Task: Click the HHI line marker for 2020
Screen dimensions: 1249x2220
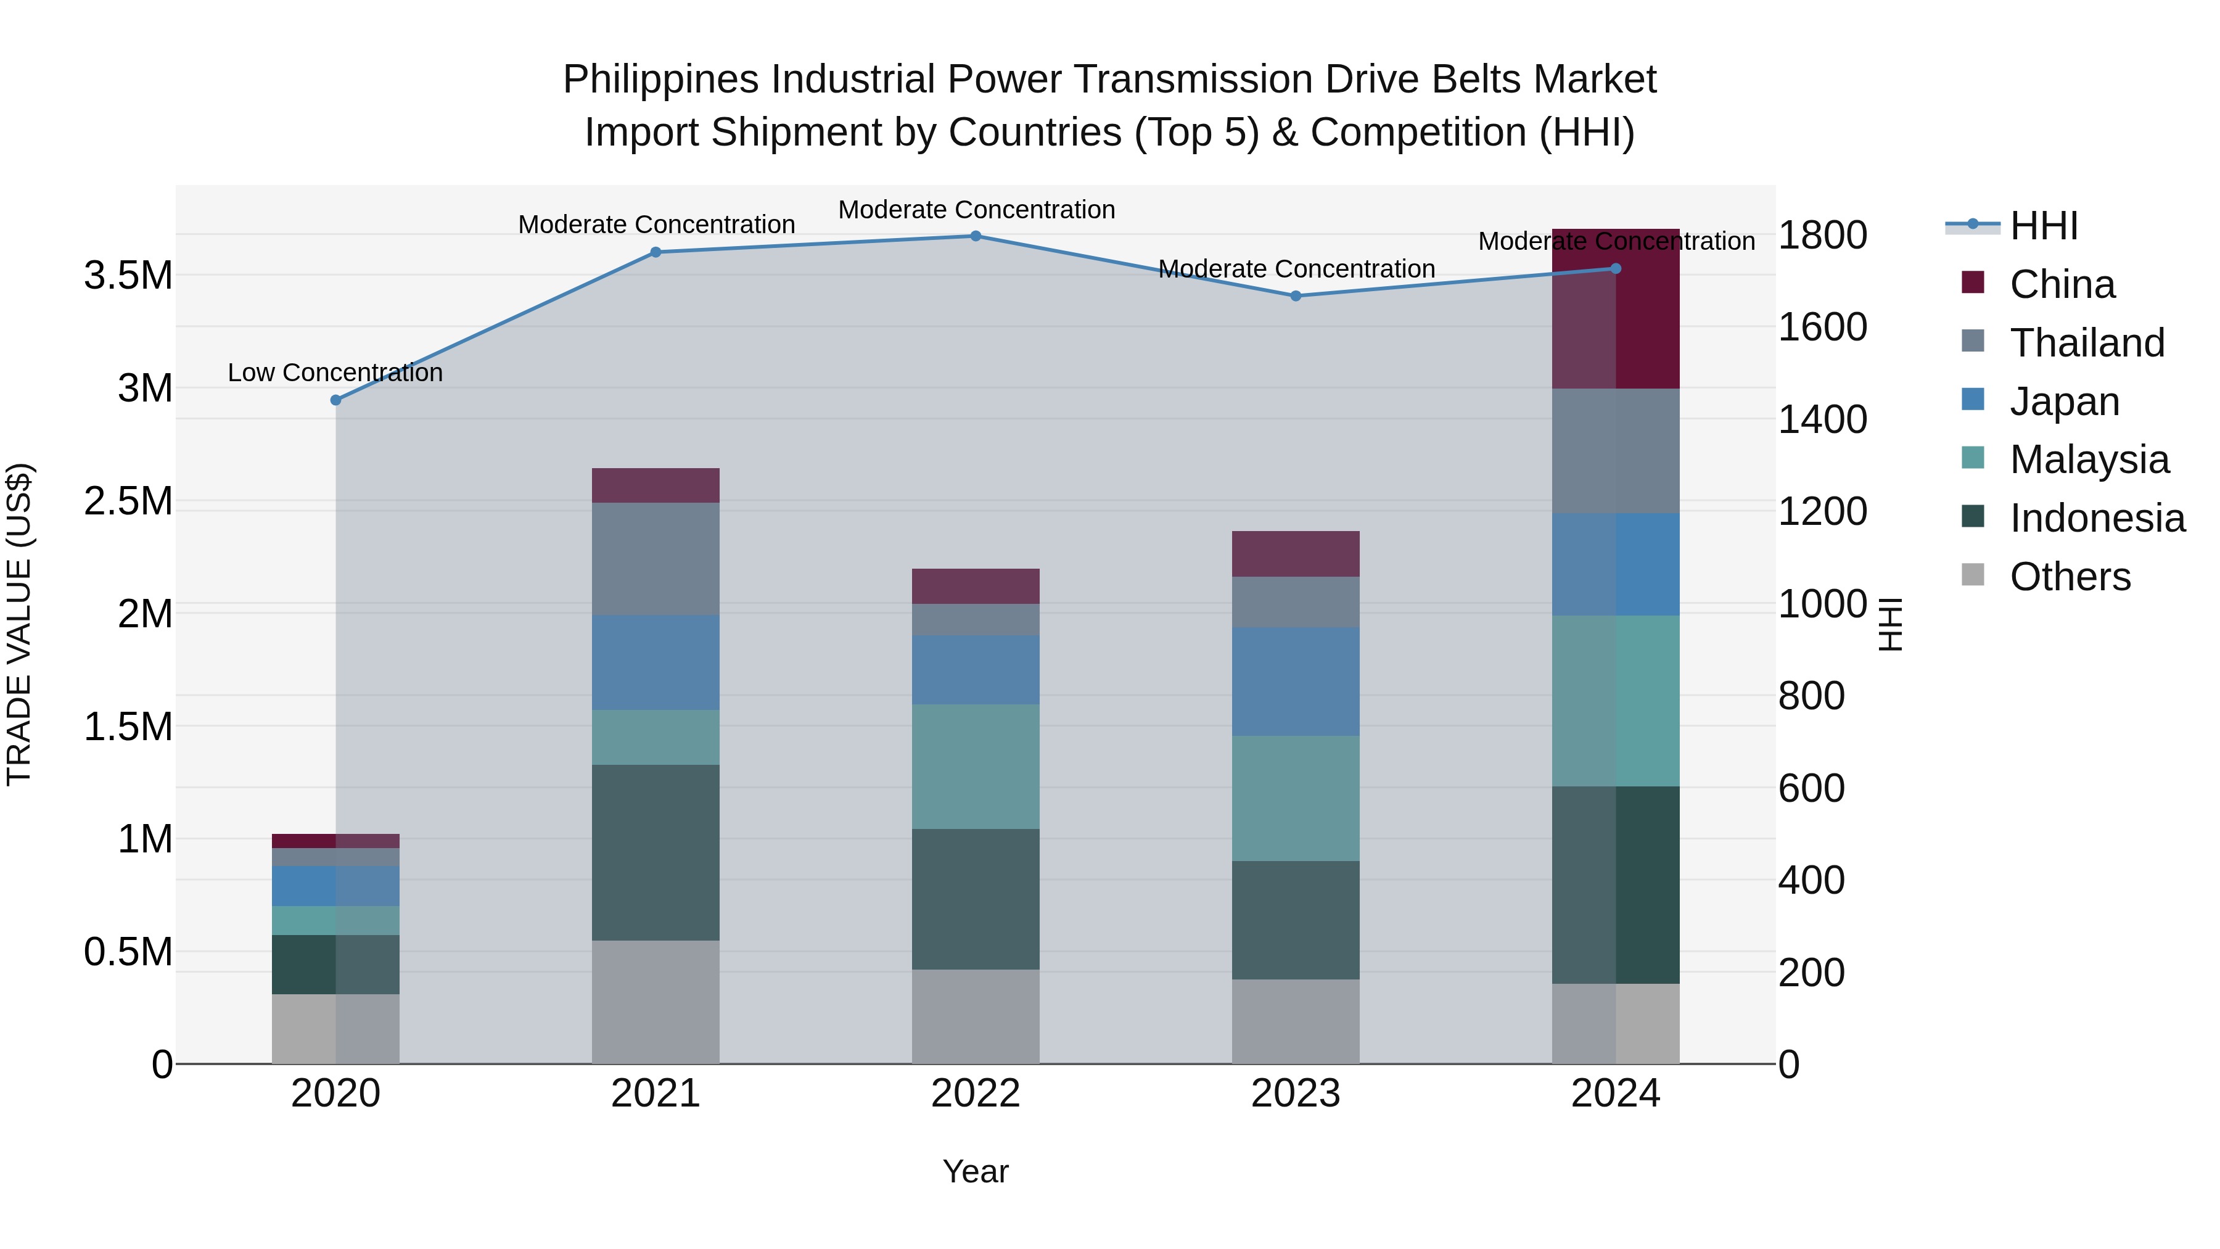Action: [x=336, y=400]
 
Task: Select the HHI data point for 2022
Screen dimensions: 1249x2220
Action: [x=976, y=236]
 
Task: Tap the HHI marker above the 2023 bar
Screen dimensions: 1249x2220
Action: [x=1295, y=295]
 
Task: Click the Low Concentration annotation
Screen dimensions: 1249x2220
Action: [x=335, y=373]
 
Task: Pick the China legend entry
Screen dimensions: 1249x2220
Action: [x=2062, y=284]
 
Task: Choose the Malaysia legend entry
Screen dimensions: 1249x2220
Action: [x=2089, y=460]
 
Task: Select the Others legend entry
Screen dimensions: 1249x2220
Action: [x=2070, y=577]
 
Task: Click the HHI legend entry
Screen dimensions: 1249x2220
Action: [x=2044, y=226]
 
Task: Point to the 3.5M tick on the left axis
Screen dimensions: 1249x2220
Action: [x=128, y=276]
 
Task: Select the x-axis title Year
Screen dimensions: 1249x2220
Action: [x=976, y=1171]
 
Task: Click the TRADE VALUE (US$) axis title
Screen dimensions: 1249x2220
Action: [x=20, y=624]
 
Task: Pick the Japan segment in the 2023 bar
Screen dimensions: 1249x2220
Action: [x=1295, y=681]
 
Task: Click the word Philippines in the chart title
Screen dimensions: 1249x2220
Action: [x=661, y=80]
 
